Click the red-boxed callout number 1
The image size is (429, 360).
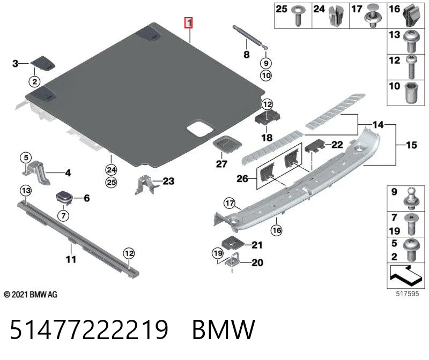pyautogui.click(x=189, y=22)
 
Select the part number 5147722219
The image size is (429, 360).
pyautogui.click(x=89, y=329)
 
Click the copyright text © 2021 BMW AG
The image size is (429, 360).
pyautogui.click(x=31, y=295)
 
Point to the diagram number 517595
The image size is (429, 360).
pyautogui.click(x=408, y=294)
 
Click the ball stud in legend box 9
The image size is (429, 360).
pyautogui.click(x=412, y=198)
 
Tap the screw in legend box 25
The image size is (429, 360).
pyautogui.click(x=298, y=16)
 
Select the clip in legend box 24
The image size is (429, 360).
pyautogui.click(x=337, y=16)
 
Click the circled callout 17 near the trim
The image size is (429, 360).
pyautogui.click(x=230, y=203)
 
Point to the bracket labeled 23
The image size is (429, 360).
pyautogui.click(x=146, y=185)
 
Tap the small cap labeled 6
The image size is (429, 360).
pyautogui.click(x=64, y=197)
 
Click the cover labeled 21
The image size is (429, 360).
pyautogui.click(x=233, y=243)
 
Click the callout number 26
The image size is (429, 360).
pyautogui.click(x=242, y=179)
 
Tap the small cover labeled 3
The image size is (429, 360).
pyautogui.click(x=42, y=63)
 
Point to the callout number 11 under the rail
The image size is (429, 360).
pyautogui.click(x=71, y=259)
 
